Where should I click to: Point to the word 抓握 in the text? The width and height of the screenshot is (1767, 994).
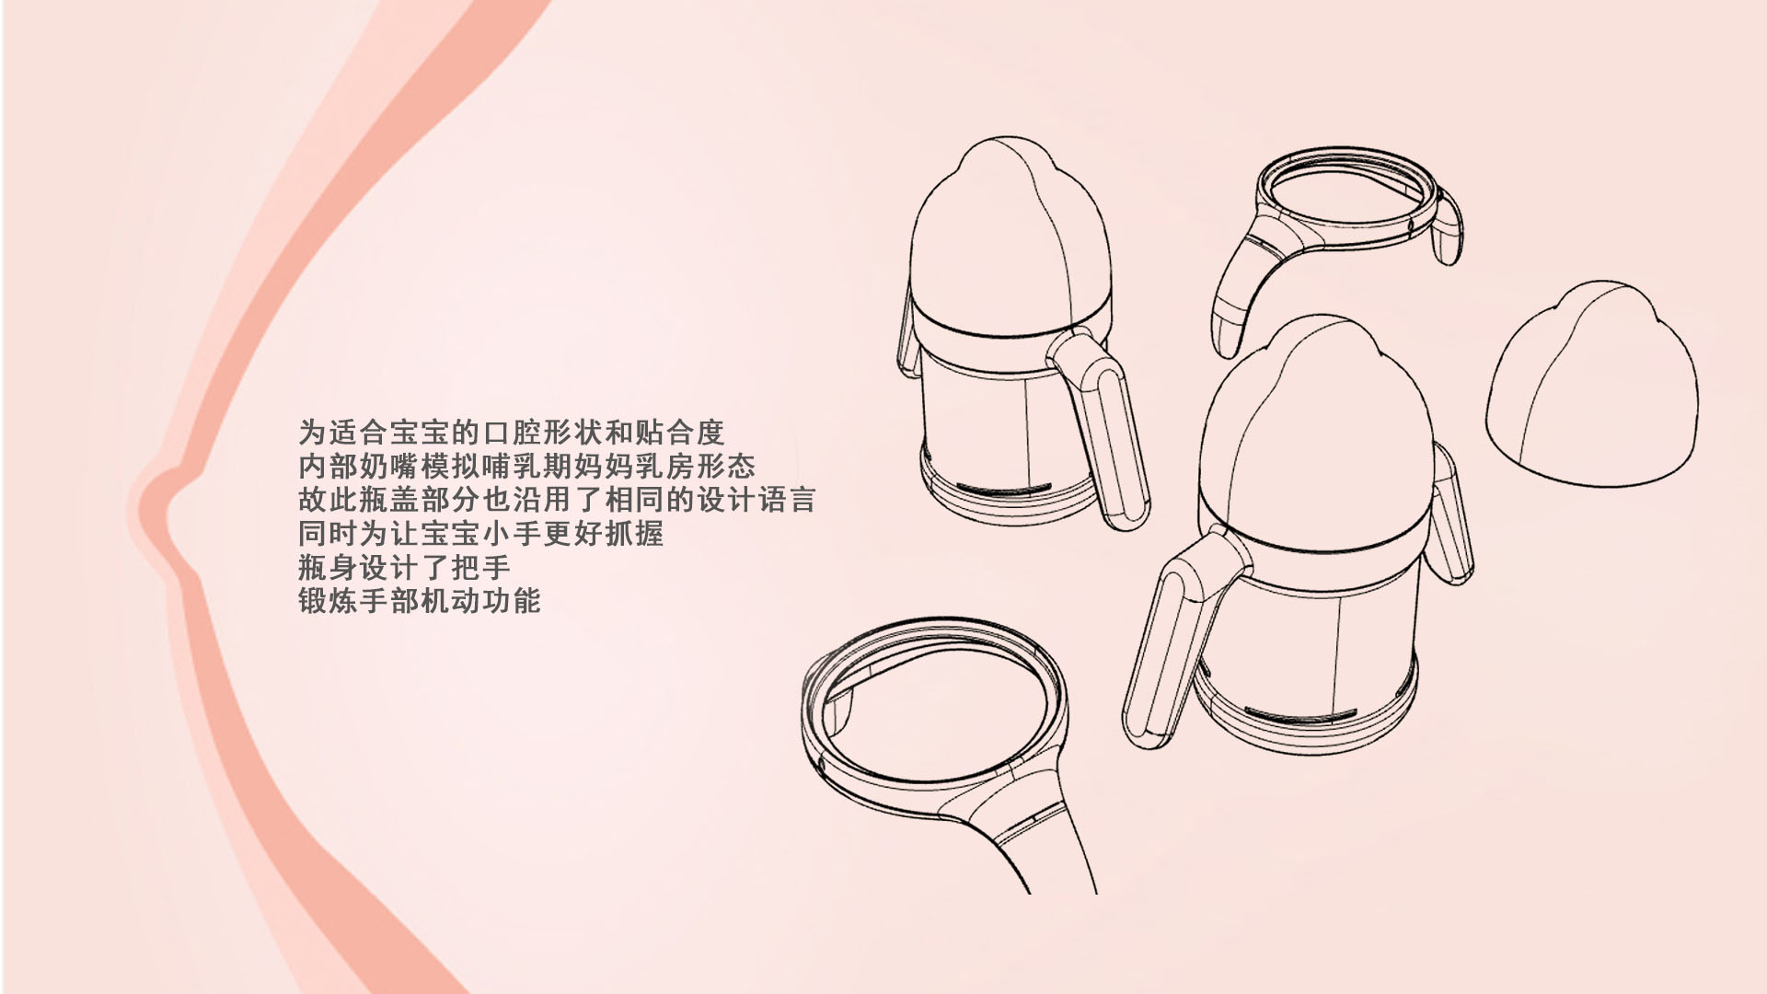[634, 534]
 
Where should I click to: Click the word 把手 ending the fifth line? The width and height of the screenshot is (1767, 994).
[481, 567]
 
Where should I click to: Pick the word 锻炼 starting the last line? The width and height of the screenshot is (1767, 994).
[329, 601]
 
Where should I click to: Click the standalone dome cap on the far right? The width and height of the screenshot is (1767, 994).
[1593, 387]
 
